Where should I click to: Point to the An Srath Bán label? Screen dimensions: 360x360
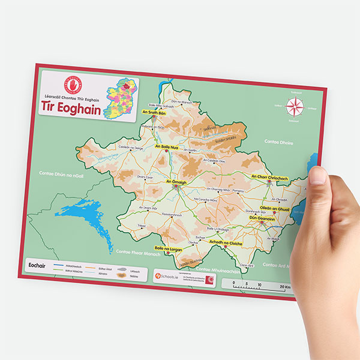click(x=153, y=112)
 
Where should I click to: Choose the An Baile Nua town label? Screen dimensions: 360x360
click(x=167, y=146)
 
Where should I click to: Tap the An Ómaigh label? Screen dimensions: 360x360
click(x=175, y=181)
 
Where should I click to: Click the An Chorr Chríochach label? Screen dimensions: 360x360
click(x=270, y=177)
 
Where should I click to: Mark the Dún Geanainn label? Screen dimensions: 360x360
click(x=263, y=220)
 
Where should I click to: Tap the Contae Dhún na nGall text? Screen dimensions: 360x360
click(x=59, y=173)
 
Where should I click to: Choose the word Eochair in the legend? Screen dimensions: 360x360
click(x=38, y=265)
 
